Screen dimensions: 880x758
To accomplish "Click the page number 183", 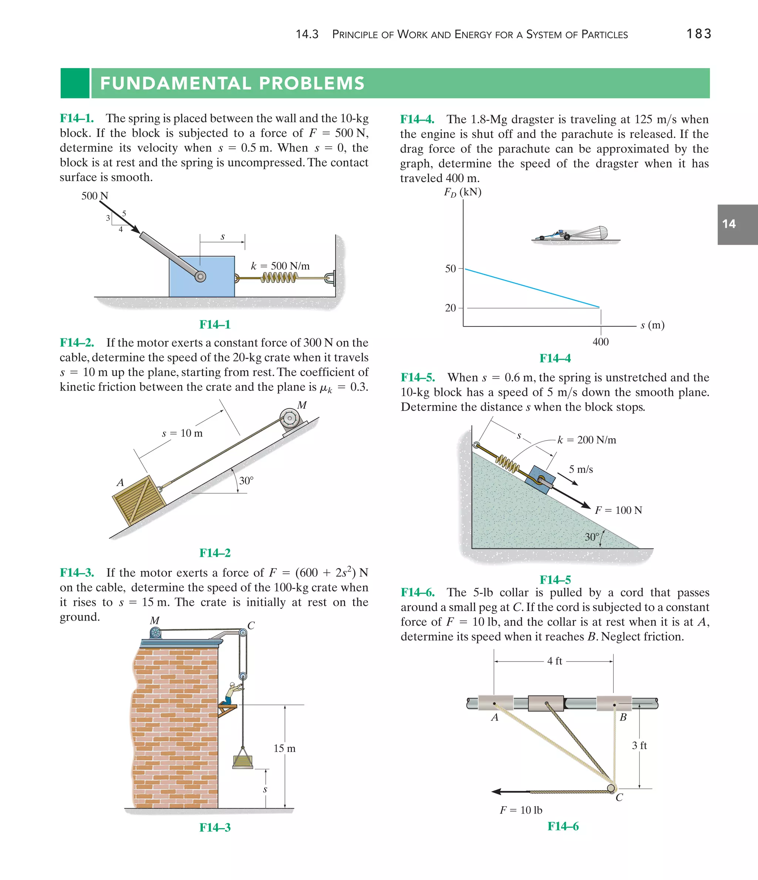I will (698, 34).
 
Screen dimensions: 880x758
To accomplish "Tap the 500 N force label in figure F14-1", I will (95, 196).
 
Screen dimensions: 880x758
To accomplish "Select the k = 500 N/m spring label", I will (280, 266).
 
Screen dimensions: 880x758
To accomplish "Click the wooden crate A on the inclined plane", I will (139, 500).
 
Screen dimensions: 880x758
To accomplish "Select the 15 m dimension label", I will (284, 748).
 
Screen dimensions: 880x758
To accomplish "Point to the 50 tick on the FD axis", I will (450, 268).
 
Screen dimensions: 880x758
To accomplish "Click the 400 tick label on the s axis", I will (600, 341).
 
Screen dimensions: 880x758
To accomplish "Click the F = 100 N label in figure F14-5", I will (618, 510).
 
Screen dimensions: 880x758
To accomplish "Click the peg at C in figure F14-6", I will (611, 788).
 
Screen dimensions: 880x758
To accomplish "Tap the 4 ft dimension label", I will (554, 661).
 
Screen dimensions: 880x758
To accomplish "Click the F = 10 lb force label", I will (521, 810).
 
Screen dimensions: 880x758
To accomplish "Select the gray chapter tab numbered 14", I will (737, 224).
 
